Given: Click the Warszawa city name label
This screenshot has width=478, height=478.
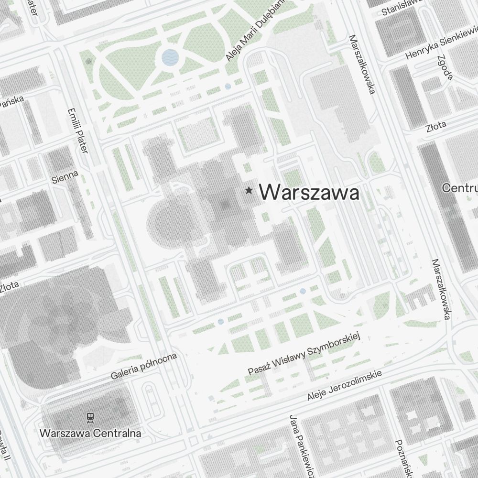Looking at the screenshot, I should coord(309,193).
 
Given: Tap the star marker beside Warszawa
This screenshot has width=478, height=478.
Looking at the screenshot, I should coord(249,191).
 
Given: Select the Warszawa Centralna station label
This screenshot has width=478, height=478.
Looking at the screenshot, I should coord(90,434).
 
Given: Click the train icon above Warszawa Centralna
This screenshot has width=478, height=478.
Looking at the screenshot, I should coord(90,417).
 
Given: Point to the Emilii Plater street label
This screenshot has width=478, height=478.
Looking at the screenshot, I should coord(79,130).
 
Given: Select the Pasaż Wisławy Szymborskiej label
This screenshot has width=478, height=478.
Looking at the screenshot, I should coord(304,354).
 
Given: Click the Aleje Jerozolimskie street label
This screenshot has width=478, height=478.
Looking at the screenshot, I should coord(344,385).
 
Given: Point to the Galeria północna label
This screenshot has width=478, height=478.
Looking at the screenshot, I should coord(144,366).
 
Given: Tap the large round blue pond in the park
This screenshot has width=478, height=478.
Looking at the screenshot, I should coord(170,57).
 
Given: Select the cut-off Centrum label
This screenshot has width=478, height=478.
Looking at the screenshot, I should coord(460,187).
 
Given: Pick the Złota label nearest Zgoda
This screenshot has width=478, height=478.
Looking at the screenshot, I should coord(435,126).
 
